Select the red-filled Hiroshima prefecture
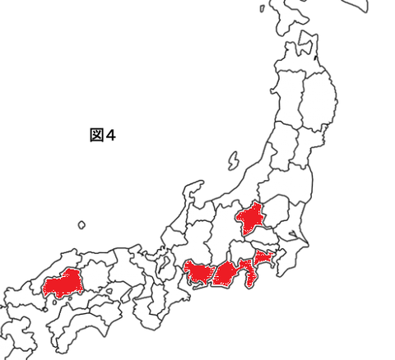(x=64, y=284)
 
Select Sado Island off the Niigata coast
(x=234, y=159)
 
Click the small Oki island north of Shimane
(x=81, y=224)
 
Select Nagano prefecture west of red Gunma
(x=220, y=230)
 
